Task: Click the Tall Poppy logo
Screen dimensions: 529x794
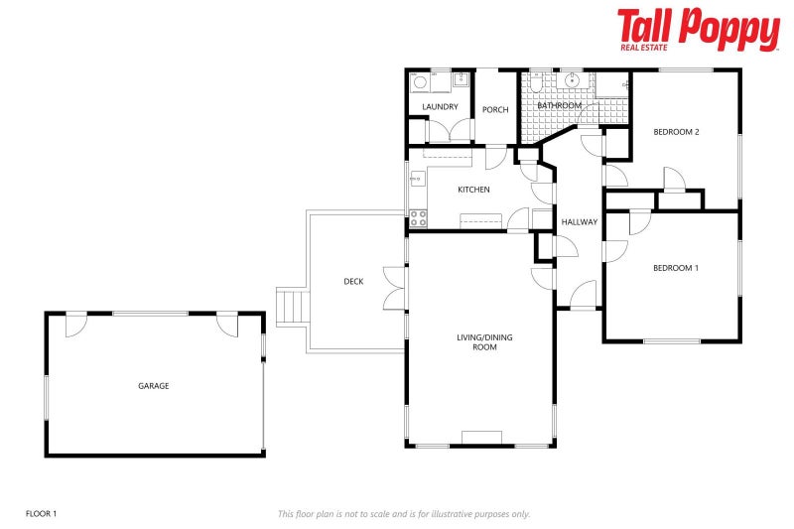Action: (698, 29)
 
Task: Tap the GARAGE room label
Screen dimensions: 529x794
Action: (153, 385)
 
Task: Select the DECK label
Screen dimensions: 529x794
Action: (353, 281)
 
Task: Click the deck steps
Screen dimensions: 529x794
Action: (292, 306)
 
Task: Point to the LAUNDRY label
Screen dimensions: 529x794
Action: (440, 107)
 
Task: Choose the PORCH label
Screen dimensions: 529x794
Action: (495, 109)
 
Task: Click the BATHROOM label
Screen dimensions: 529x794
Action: (559, 105)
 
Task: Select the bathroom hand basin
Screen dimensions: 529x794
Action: (573, 80)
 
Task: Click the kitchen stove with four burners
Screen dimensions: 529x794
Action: (418, 218)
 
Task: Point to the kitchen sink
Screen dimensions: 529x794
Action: (416, 179)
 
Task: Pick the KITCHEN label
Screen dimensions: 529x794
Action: (473, 190)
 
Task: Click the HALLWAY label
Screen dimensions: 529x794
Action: (579, 221)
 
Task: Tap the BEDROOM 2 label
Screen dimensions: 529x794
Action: (676, 132)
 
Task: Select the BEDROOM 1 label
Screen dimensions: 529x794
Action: (675, 268)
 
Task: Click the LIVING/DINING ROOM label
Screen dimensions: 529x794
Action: (484, 342)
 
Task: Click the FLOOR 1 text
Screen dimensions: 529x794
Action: (41, 513)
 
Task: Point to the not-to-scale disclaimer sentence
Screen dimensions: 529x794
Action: (403, 513)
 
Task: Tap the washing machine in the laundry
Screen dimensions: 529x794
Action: (421, 81)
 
